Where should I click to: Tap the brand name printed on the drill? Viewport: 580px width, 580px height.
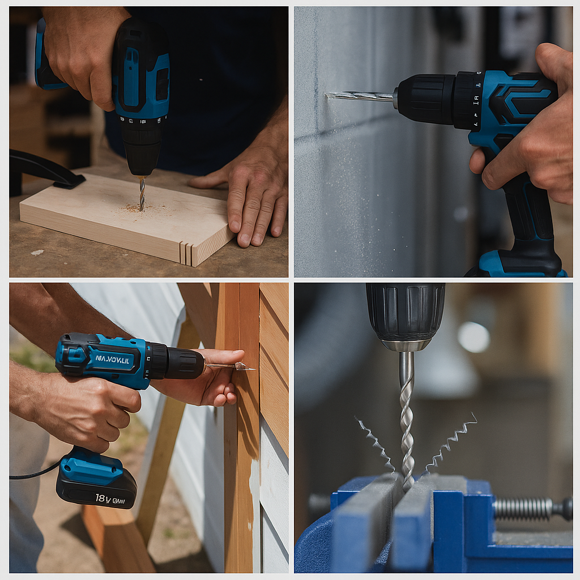tap(112, 359)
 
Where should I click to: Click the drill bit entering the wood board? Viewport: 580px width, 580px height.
tap(142, 194)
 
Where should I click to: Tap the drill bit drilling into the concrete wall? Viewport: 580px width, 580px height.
tap(360, 96)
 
